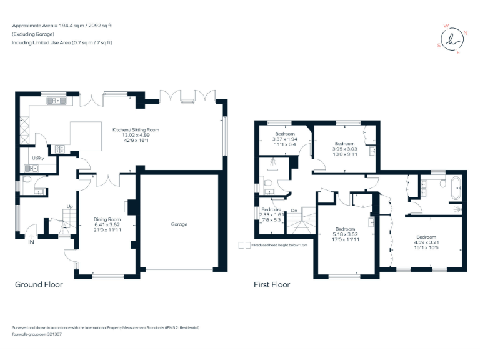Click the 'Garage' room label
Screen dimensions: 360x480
point(179,224)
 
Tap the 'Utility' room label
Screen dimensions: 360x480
point(38,158)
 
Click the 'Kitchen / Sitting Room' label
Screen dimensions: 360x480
point(136,130)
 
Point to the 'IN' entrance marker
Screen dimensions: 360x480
point(31,242)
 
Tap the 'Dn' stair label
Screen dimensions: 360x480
point(294,211)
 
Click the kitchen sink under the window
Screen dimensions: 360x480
point(57,100)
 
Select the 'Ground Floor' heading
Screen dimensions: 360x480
point(39,284)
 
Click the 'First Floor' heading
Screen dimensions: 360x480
point(272,284)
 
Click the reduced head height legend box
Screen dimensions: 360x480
point(244,245)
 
